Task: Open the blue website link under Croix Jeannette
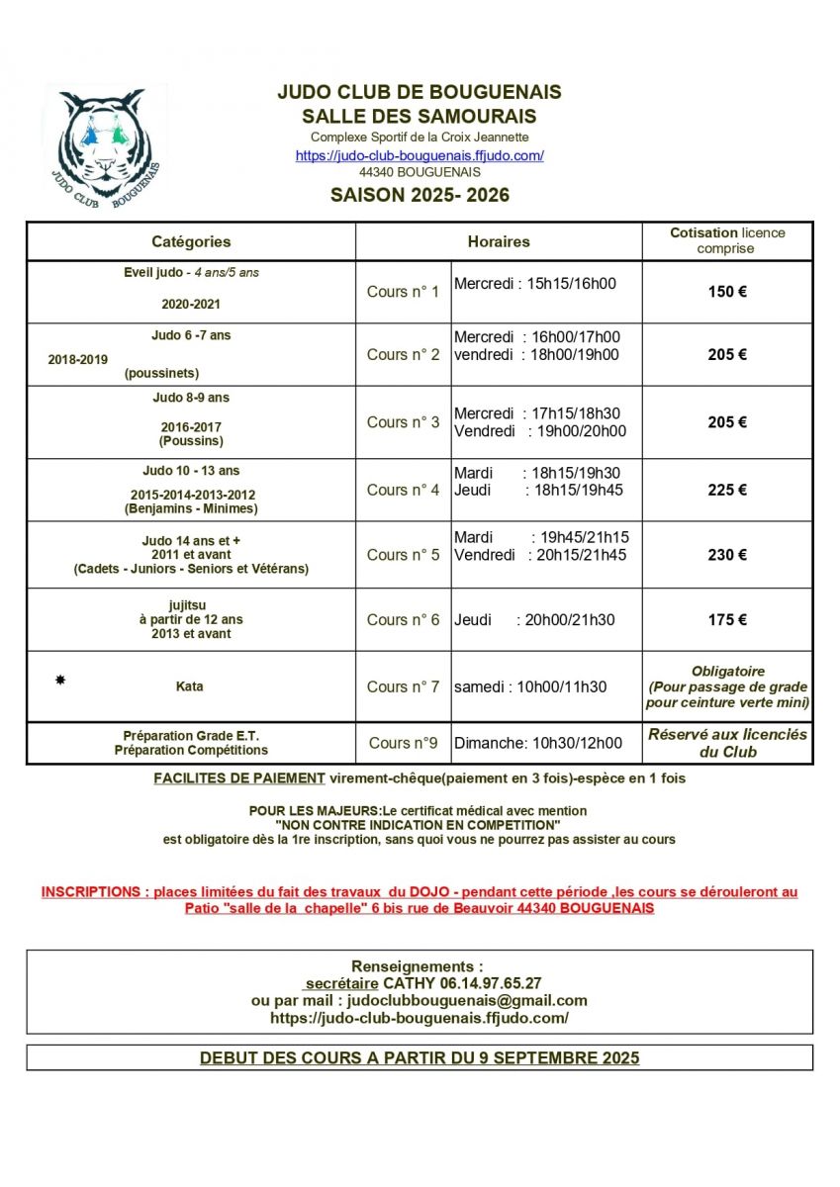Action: click(420, 155)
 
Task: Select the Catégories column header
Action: click(191, 241)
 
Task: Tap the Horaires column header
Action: click(499, 241)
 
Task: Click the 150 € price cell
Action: click(727, 292)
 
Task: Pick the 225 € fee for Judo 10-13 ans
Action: click(727, 490)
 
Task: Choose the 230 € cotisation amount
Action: click(727, 555)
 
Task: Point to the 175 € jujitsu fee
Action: click(727, 620)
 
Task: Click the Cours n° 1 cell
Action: click(403, 292)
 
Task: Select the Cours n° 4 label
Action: click(403, 490)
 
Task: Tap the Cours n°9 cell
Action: click(403, 743)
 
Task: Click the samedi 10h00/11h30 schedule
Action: click(530, 686)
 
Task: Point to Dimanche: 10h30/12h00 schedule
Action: click(538, 743)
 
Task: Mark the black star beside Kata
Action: click(60, 681)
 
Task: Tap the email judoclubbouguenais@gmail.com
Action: click(468, 1000)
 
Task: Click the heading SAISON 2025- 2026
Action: click(420, 195)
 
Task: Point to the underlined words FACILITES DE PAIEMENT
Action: click(239, 778)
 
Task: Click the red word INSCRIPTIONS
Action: click(91, 891)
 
